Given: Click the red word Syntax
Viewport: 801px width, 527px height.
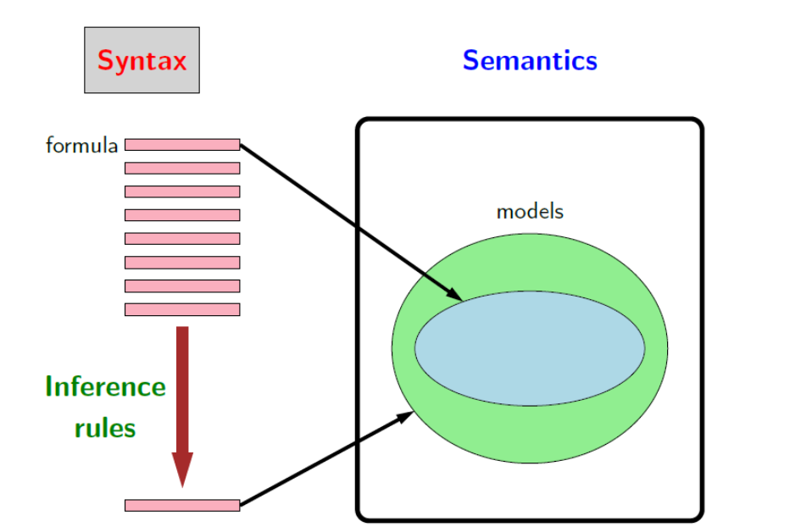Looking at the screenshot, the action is coord(142,61).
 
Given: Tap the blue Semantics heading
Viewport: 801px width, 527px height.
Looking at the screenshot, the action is coord(530,60).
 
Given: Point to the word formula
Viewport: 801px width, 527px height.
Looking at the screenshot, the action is coord(81,145).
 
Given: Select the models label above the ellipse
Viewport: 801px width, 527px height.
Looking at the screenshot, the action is coord(530,212).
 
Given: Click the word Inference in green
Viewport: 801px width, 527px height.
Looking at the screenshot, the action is coord(106,386).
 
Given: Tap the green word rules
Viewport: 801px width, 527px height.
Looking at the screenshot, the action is coord(105,428).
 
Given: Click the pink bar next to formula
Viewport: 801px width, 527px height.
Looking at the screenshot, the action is coord(182,145).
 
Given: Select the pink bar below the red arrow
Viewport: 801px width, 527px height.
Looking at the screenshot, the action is coord(182,505).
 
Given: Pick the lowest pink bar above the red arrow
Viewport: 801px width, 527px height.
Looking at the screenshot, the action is coord(182,309).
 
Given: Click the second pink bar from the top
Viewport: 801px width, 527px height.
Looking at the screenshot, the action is coord(182,168).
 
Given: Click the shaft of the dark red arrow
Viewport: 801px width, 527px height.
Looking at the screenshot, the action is coord(182,390).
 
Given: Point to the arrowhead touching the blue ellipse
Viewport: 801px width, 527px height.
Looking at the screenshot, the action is coord(454,294).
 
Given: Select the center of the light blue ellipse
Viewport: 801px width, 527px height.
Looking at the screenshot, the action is coord(530,348).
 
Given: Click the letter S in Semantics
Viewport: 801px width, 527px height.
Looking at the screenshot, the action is coord(470,60).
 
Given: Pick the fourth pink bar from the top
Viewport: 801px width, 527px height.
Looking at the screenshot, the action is coord(182,215).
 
